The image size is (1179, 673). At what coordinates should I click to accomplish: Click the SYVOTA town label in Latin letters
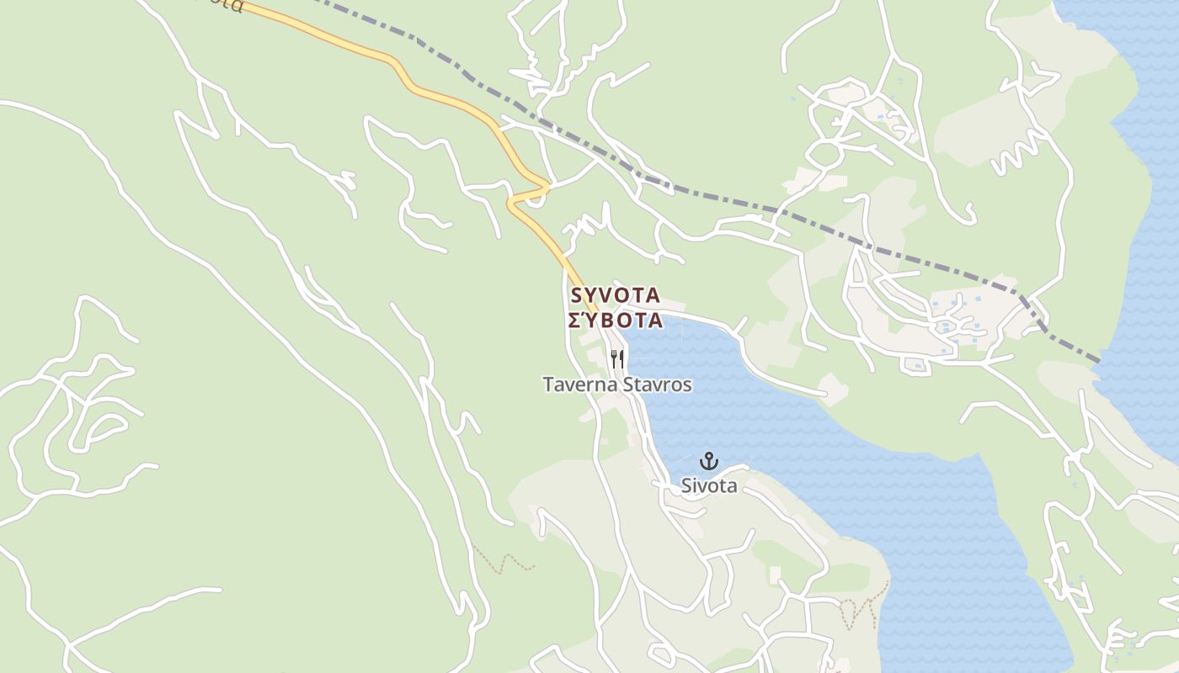(x=615, y=295)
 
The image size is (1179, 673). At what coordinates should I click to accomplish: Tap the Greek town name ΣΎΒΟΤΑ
(x=616, y=321)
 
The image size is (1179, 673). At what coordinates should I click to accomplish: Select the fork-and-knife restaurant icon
(x=617, y=359)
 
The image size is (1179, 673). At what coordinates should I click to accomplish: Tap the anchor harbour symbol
(x=709, y=461)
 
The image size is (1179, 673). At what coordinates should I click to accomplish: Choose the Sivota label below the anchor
(x=709, y=485)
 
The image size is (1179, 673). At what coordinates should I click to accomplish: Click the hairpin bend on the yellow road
(x=512, y=201)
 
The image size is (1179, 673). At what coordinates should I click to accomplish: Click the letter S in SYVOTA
(x=577, y=295)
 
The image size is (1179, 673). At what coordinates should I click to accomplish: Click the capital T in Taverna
(x=548, y=385)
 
